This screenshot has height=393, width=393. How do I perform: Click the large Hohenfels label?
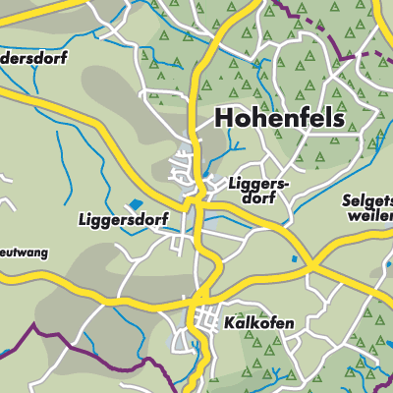click(x=279, y=120)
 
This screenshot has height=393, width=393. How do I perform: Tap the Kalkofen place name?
click(x=258, y=322)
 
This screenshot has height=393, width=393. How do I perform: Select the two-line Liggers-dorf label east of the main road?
click(x=256, y=190)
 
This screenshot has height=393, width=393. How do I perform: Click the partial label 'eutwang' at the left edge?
click(x=24, y=253)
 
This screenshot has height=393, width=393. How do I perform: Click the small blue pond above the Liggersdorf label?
click(x=133, y=205)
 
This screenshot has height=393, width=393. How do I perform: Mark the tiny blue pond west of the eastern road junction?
click(x=294, y=259)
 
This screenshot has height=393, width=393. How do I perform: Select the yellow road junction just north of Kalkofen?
click(x=200, y=298)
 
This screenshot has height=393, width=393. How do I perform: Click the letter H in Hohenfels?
click(x=223, y=120)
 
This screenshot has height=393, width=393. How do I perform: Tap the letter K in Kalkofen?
click(x=228, y=322)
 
